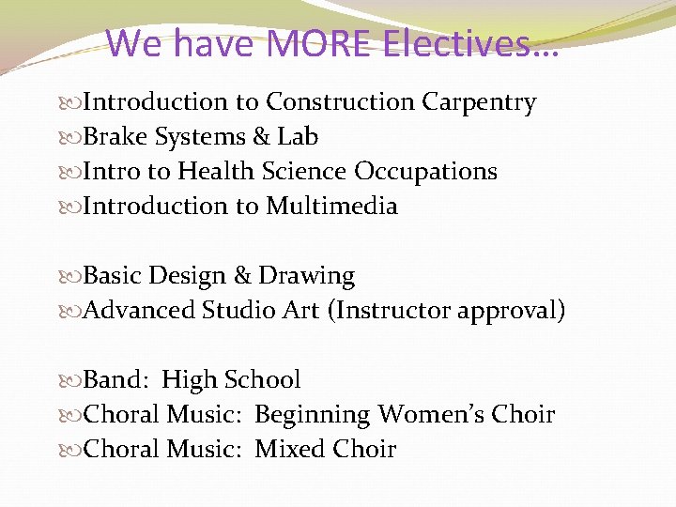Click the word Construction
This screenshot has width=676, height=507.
[339, 102]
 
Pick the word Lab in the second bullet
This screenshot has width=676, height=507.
[298, 137]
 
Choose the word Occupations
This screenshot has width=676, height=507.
[425, 172]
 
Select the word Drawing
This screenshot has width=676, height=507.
[306, 276]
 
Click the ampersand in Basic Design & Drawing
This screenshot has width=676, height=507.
[242, 276]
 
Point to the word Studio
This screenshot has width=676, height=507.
[238, 311]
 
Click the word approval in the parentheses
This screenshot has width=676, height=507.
[511, 311]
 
